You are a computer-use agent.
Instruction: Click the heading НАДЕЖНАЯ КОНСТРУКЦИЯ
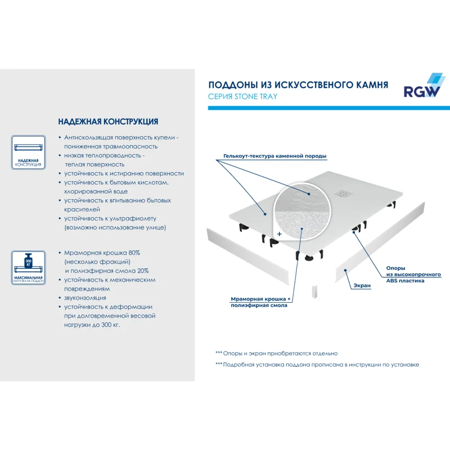(x=108, y=121)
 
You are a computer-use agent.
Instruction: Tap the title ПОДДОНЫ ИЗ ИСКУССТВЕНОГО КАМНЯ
(x=298, y=85)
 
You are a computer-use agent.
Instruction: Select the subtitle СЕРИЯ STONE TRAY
(x=242, y=96)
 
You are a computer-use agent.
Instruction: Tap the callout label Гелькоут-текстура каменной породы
(x=274, y=156)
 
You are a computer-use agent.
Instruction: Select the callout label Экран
(x=362, y=286)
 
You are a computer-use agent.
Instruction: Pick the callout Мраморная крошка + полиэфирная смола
(x=260, y=301)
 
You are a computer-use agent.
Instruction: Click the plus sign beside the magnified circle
(x=279, y=232)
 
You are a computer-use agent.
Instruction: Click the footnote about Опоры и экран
(x=276, y=353)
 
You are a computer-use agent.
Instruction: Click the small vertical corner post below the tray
(x=313, y=292)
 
